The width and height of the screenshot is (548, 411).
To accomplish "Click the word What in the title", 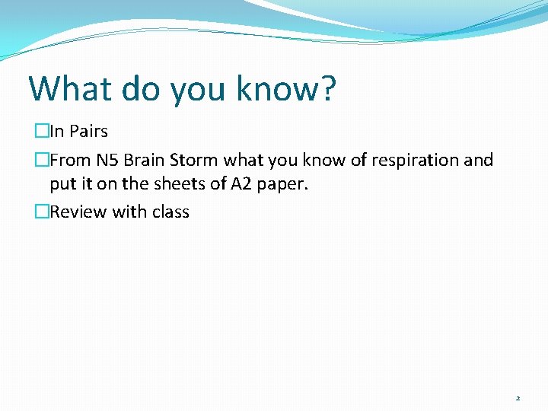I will [x=70, y=88].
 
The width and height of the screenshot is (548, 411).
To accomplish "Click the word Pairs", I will [x=88, y=132].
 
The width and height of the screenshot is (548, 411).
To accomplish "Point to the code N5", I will [x=107, y=161].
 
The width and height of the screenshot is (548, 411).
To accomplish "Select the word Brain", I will [x=144, y=161].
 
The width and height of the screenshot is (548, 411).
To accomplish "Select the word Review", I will [x=78, y=212].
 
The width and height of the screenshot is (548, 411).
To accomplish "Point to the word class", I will [x=170, y=212].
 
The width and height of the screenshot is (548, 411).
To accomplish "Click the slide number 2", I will [x=518, y=398].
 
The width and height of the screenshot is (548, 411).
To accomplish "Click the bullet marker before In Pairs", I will [x=42, y=132].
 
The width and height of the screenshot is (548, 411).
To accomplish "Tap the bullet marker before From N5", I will [x=42, y=161].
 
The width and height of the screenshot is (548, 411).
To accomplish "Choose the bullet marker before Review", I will [x=42, y=212].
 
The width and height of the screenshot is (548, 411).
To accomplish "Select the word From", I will [x=70, y=161].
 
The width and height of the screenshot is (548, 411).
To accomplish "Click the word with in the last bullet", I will [x=129, y=212].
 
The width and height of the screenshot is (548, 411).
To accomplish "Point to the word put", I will [x=62, y=185].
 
